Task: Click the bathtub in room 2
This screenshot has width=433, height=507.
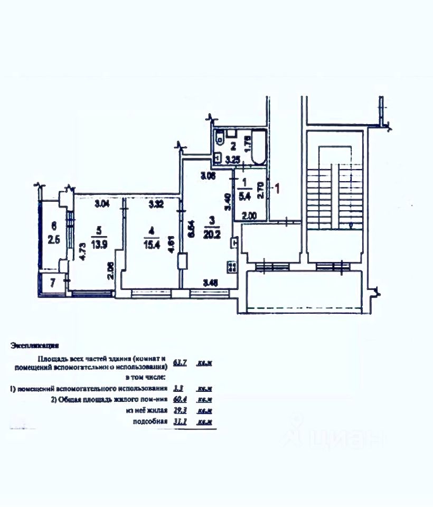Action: [259, 147]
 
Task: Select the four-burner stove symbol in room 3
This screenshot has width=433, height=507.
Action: [231, 267]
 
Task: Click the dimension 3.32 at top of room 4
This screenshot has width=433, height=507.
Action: [157, 203]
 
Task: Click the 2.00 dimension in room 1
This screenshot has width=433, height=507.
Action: [249, 215]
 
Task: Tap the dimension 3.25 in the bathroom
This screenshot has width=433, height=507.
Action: [233, 158]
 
